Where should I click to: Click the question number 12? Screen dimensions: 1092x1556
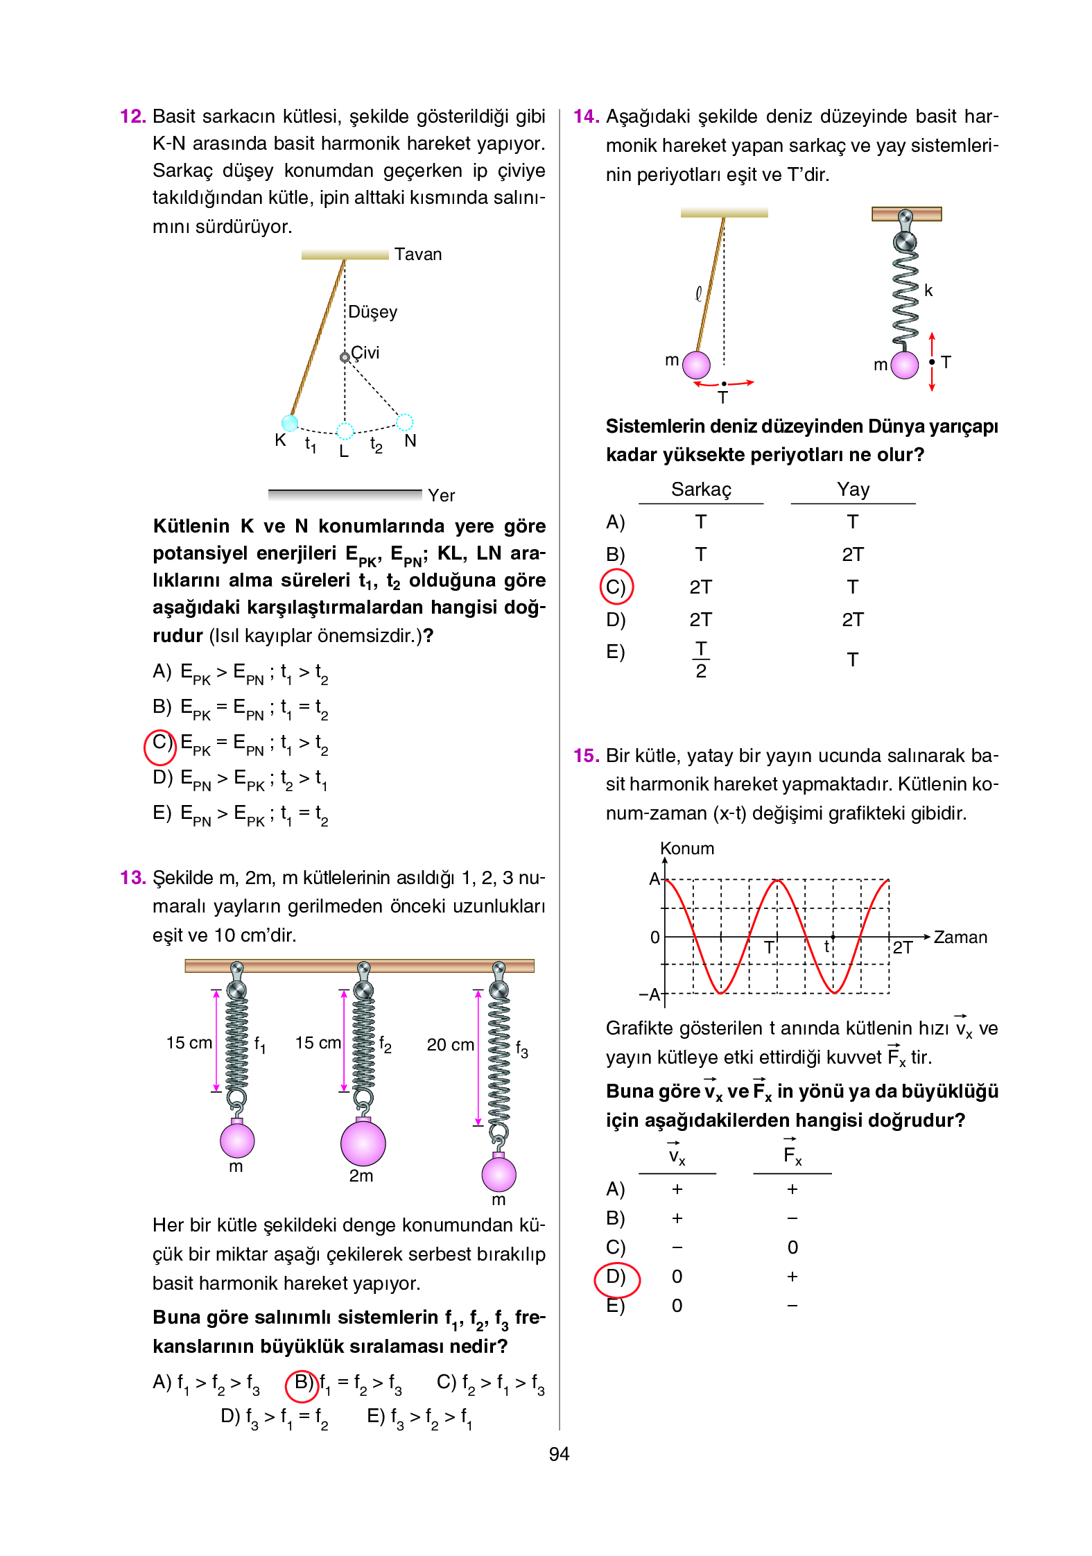tap(132, 116)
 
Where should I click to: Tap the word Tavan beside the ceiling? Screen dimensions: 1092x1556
tap(418, 254)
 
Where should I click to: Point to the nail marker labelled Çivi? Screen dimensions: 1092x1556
tap(345, 357)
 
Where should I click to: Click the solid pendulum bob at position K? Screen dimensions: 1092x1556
tap(290, 422)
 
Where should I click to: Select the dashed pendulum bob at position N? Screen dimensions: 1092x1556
tap(405, 422)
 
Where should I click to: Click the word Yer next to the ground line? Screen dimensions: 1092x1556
tap(442, 495)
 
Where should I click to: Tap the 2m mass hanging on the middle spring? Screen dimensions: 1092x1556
tap(363, 1143)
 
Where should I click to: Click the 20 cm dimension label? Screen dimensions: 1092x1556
tap(451, 1044)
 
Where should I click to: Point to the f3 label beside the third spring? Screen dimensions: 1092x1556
tap(522, 1050)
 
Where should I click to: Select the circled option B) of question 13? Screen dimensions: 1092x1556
tap(302, 1385)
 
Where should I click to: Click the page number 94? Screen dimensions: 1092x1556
tap(559, 1454)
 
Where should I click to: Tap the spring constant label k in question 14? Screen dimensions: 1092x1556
tap(928, 291)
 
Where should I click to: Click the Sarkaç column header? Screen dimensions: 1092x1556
tap(701, 490)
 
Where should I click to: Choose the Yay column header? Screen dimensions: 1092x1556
tap(853, 490)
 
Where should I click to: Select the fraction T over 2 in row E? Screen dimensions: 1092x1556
tap(701, 659)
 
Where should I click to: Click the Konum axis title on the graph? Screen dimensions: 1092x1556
tap(686, 848)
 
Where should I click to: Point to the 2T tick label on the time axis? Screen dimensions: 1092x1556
tap(902, 947)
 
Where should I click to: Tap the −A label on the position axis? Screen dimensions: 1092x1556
tap(650, 994)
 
